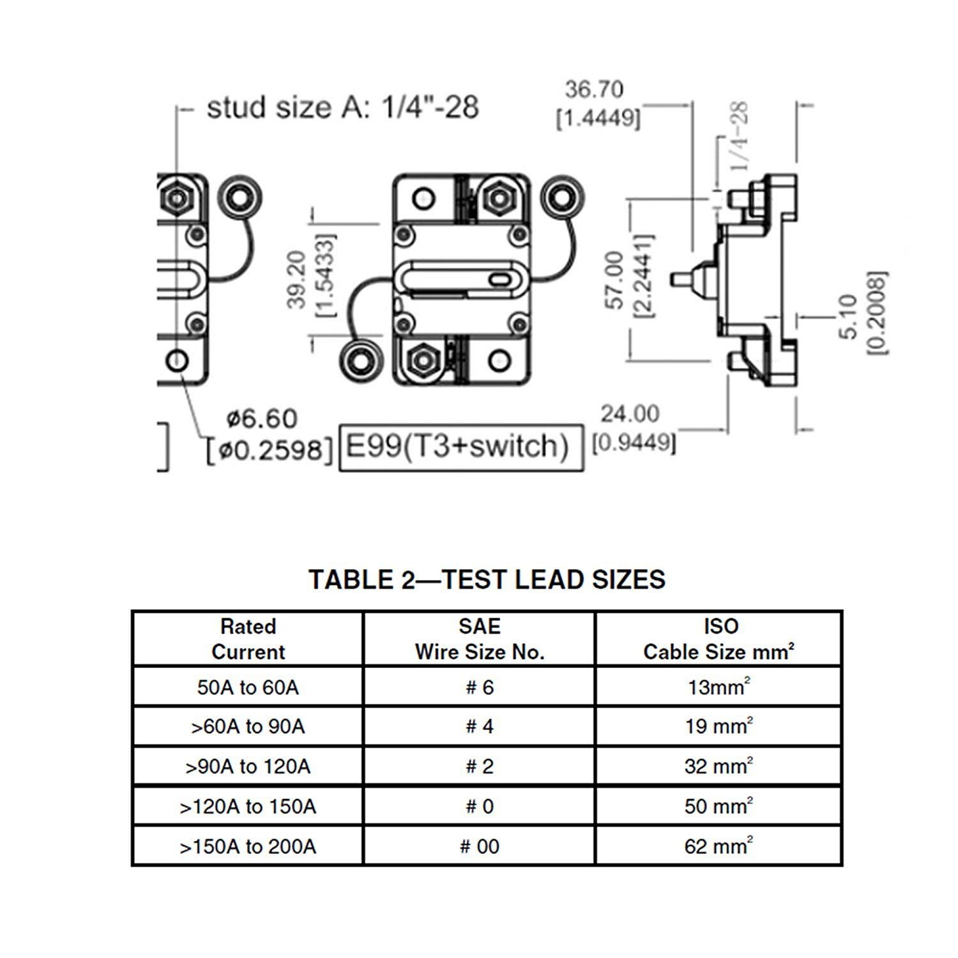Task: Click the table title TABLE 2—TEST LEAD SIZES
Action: pyautogui.click(x=487, y=579)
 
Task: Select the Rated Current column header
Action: pyautogui.click(x=248, y=639)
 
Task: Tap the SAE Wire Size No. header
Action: pyautogui.click(x=479, y=639)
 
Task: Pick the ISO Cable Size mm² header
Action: pyautogui.click(x=718, y=639)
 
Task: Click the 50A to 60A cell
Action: pyautogui.click(x=248, y=687)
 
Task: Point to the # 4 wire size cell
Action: pyautogui.click(x=479, y=727)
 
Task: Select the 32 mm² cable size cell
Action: pyautogui.click(x=718, y=766)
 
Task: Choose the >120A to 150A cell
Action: pyautogui.click(x=248, y=807)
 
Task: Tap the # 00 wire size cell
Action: pyautogui.click(x=479, y=846)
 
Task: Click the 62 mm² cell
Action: pyautogui.click(x=718, y=846)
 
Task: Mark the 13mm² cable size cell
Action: pyautogui.click(x=718, y=687)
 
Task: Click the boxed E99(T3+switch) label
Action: pyautogui.click(x=460, y=446)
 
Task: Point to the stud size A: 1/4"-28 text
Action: pyautogui.click(x=342, y=107)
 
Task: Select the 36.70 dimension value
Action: pyautogui.click(x=594, y=89)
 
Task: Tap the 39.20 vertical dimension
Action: pyautogui.click(x=296, y=280)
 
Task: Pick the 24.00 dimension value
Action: pyautogui.click(x=629, y=414)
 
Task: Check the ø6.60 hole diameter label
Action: pyautogui.click(x=262, y=419)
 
